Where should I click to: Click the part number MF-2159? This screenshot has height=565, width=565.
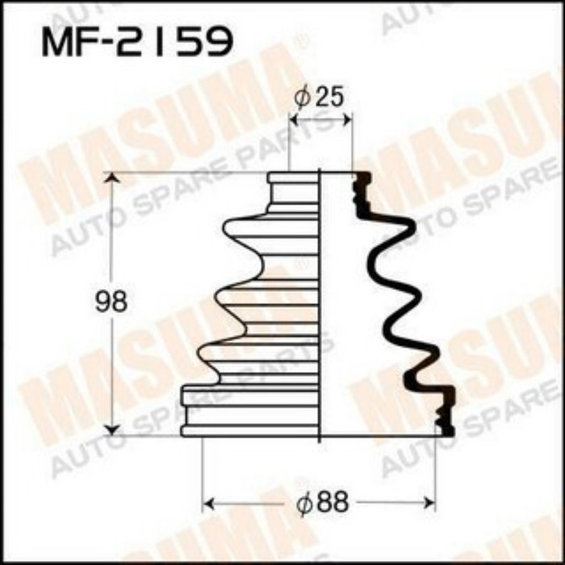tap(136, 43)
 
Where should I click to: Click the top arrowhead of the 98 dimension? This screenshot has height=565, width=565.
tap(115, 178)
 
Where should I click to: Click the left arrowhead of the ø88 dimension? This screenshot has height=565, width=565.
tap(208, 504)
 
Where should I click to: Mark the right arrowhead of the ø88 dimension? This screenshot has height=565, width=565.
tap(430, 504)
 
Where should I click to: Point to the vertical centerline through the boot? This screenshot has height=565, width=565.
tap(320, 307)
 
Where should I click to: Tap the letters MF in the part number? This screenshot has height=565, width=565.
tap(69, 43)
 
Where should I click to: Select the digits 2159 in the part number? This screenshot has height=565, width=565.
tap(177, 43)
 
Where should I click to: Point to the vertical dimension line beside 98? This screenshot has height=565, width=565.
tap(115, 242)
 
